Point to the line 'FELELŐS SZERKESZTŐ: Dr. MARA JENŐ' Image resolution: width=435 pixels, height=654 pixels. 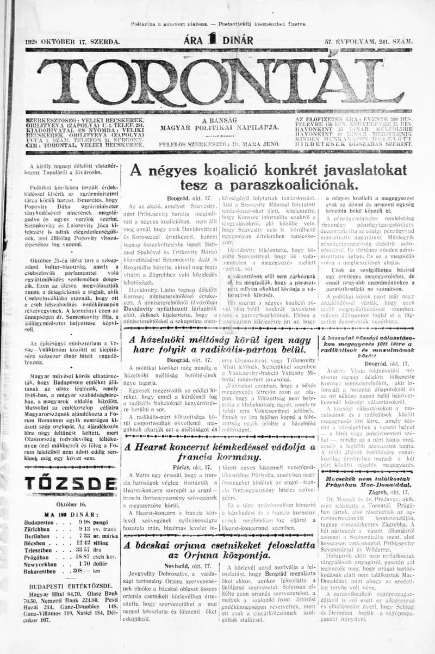[219, 144]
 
